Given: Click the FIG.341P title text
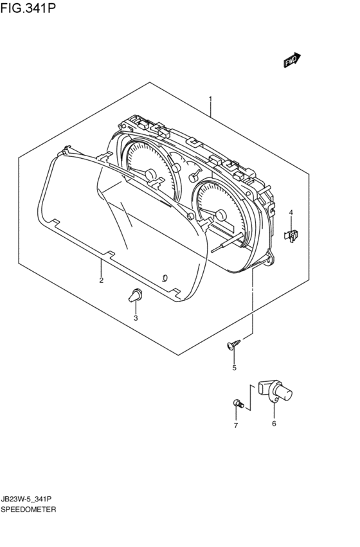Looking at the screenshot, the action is click(x=28, y=7).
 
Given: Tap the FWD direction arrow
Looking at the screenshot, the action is click(x=292, y=60).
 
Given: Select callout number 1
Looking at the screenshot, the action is click(x=210, y=99).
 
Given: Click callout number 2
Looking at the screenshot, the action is click(x=101, y=280).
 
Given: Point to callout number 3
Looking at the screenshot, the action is click(x=136, y=318).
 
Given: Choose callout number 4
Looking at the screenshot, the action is click(x=291, y=213).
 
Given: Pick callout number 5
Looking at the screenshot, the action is click(x=235, y=368).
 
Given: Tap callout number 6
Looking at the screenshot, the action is click(x=274, y=424).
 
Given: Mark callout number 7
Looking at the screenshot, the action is click(x=236, y=426).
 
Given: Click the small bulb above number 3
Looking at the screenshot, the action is click(x=136, y=295).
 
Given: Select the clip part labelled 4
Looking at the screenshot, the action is click(x=291, y=235).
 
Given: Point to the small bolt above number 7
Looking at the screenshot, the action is click(x=239, y=404).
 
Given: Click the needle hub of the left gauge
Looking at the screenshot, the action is click(x=150, y=174).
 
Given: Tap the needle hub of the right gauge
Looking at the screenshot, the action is click(x=221, y=215).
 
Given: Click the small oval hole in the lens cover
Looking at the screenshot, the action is click(x=165, y=278).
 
